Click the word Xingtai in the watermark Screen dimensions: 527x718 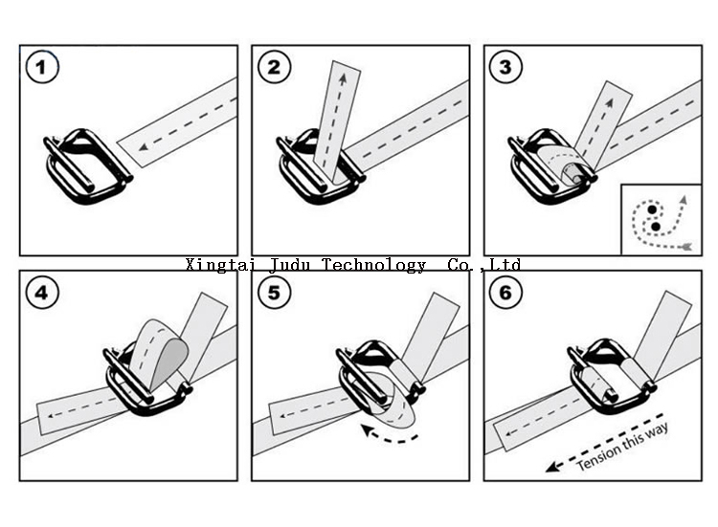coord(216,265)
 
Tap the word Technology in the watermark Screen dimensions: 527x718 coord(374,265)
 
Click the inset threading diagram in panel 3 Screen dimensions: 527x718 coord(661,219)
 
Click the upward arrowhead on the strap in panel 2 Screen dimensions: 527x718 coord(338,70)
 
